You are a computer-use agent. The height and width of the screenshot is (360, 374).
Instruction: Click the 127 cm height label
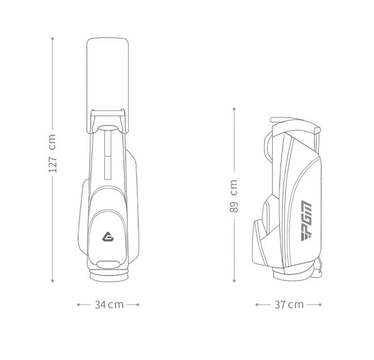point(52,153)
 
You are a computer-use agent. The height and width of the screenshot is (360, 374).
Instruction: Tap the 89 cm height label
point(234,196)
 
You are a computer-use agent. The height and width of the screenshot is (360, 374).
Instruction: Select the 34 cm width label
point(109,305)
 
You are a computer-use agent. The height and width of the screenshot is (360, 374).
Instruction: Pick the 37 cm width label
point(289,305)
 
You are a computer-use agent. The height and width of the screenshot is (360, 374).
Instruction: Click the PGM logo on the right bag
point(306,221)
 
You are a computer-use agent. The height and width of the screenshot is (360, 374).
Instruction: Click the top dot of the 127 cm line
point(53,38)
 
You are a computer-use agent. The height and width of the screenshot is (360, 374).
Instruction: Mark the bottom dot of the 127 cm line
point(53,281)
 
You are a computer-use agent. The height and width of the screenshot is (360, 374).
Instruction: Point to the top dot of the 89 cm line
point(234,109)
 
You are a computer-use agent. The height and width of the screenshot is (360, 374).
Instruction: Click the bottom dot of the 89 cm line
point(234,281)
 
